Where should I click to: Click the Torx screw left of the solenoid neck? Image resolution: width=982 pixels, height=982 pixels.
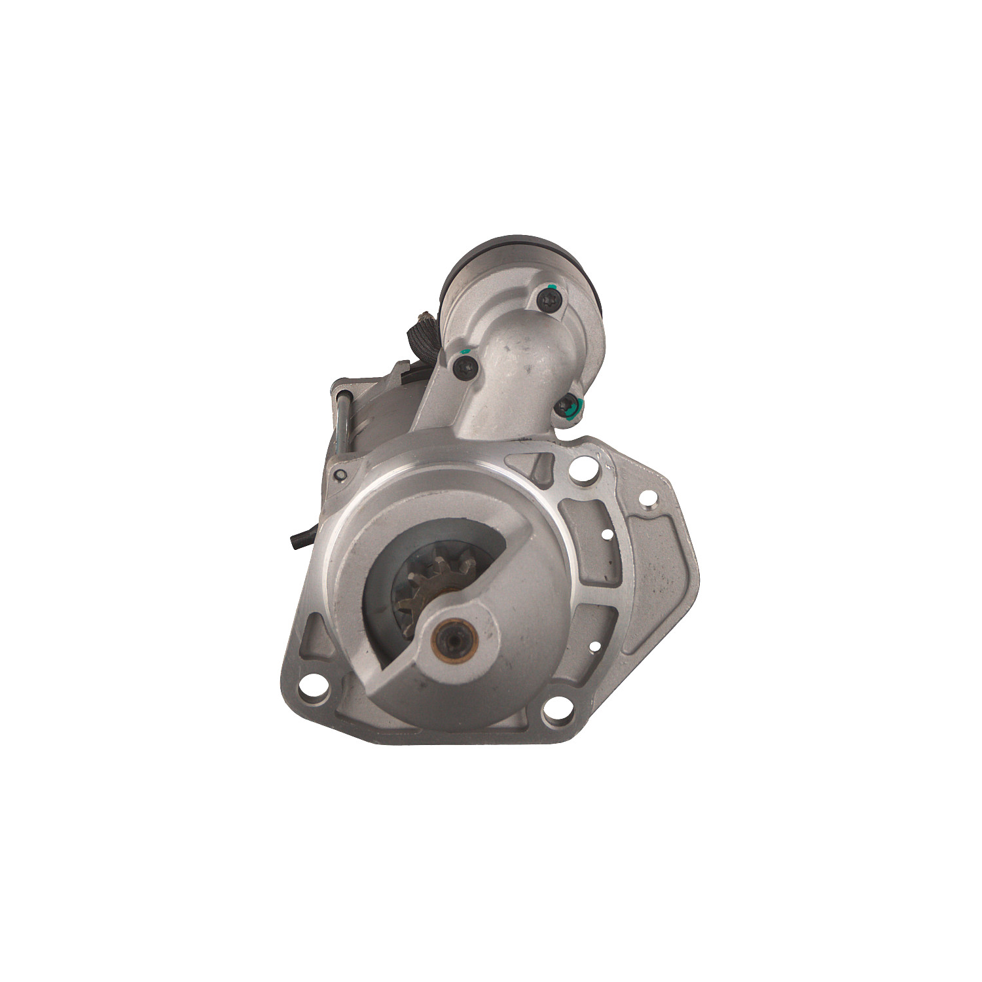465,367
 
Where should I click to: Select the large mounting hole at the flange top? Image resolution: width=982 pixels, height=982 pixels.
584,469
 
